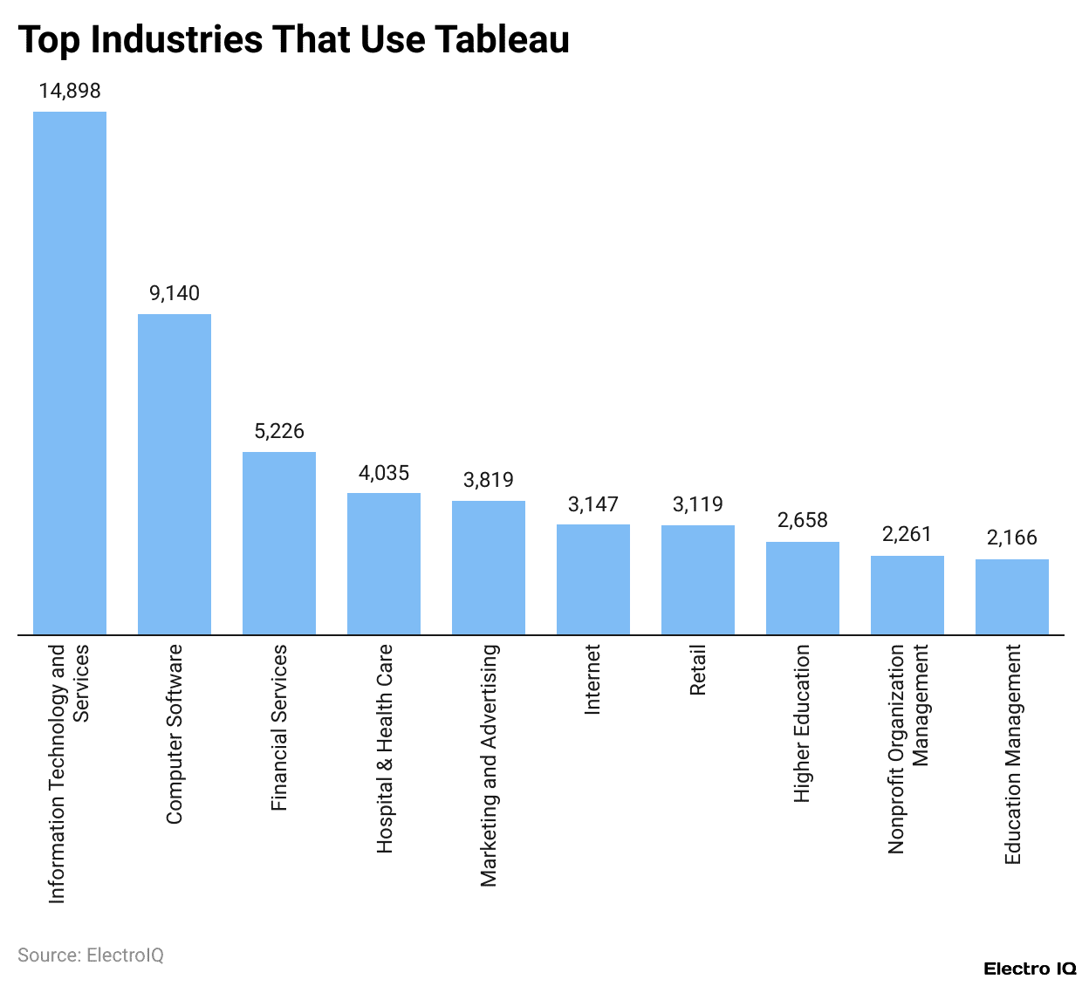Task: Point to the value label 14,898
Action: (70, 91)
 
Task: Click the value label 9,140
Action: (175, 293)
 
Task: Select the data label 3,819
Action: (489, 480)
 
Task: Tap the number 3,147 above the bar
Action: (593, 504)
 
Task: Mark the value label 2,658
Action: (803, 520)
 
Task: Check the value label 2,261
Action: (907, 534)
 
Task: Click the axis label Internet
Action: (593, 680)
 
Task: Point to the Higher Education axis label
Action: (803, 723)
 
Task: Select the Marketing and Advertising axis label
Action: (489, 765)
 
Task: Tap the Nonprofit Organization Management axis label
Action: (908, 749)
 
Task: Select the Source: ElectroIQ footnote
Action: (91, 955)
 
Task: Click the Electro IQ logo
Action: (1030, 969)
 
